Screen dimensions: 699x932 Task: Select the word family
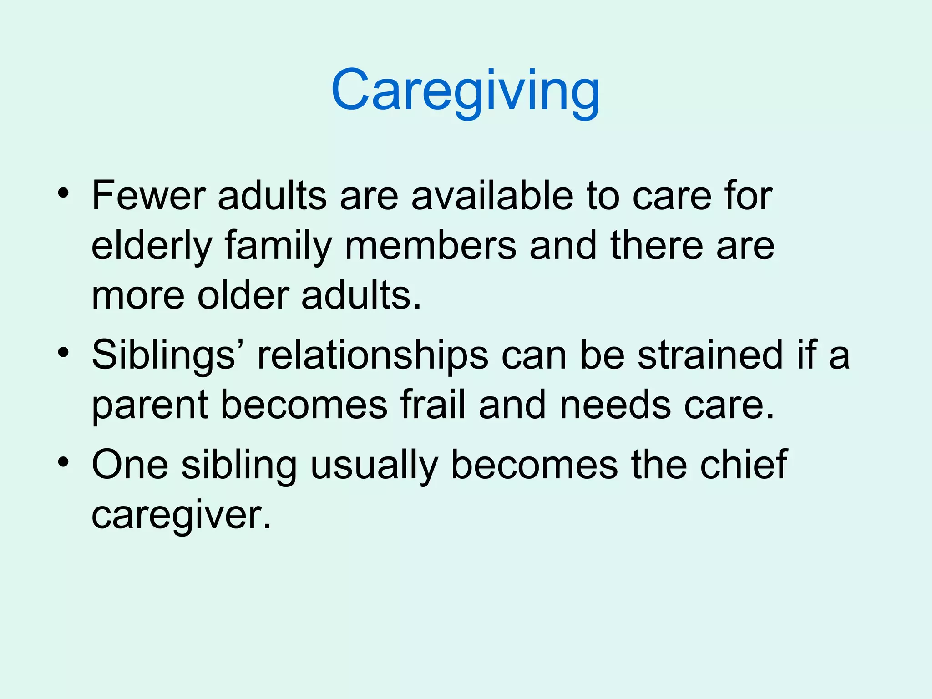coord(278,247)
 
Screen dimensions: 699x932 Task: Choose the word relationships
coord(373,356)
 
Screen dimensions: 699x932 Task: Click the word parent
coord(150,406)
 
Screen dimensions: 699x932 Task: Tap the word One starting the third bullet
coord(130,465)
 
